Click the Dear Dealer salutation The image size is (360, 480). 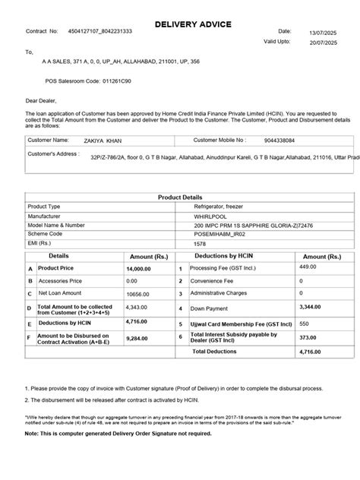41,99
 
